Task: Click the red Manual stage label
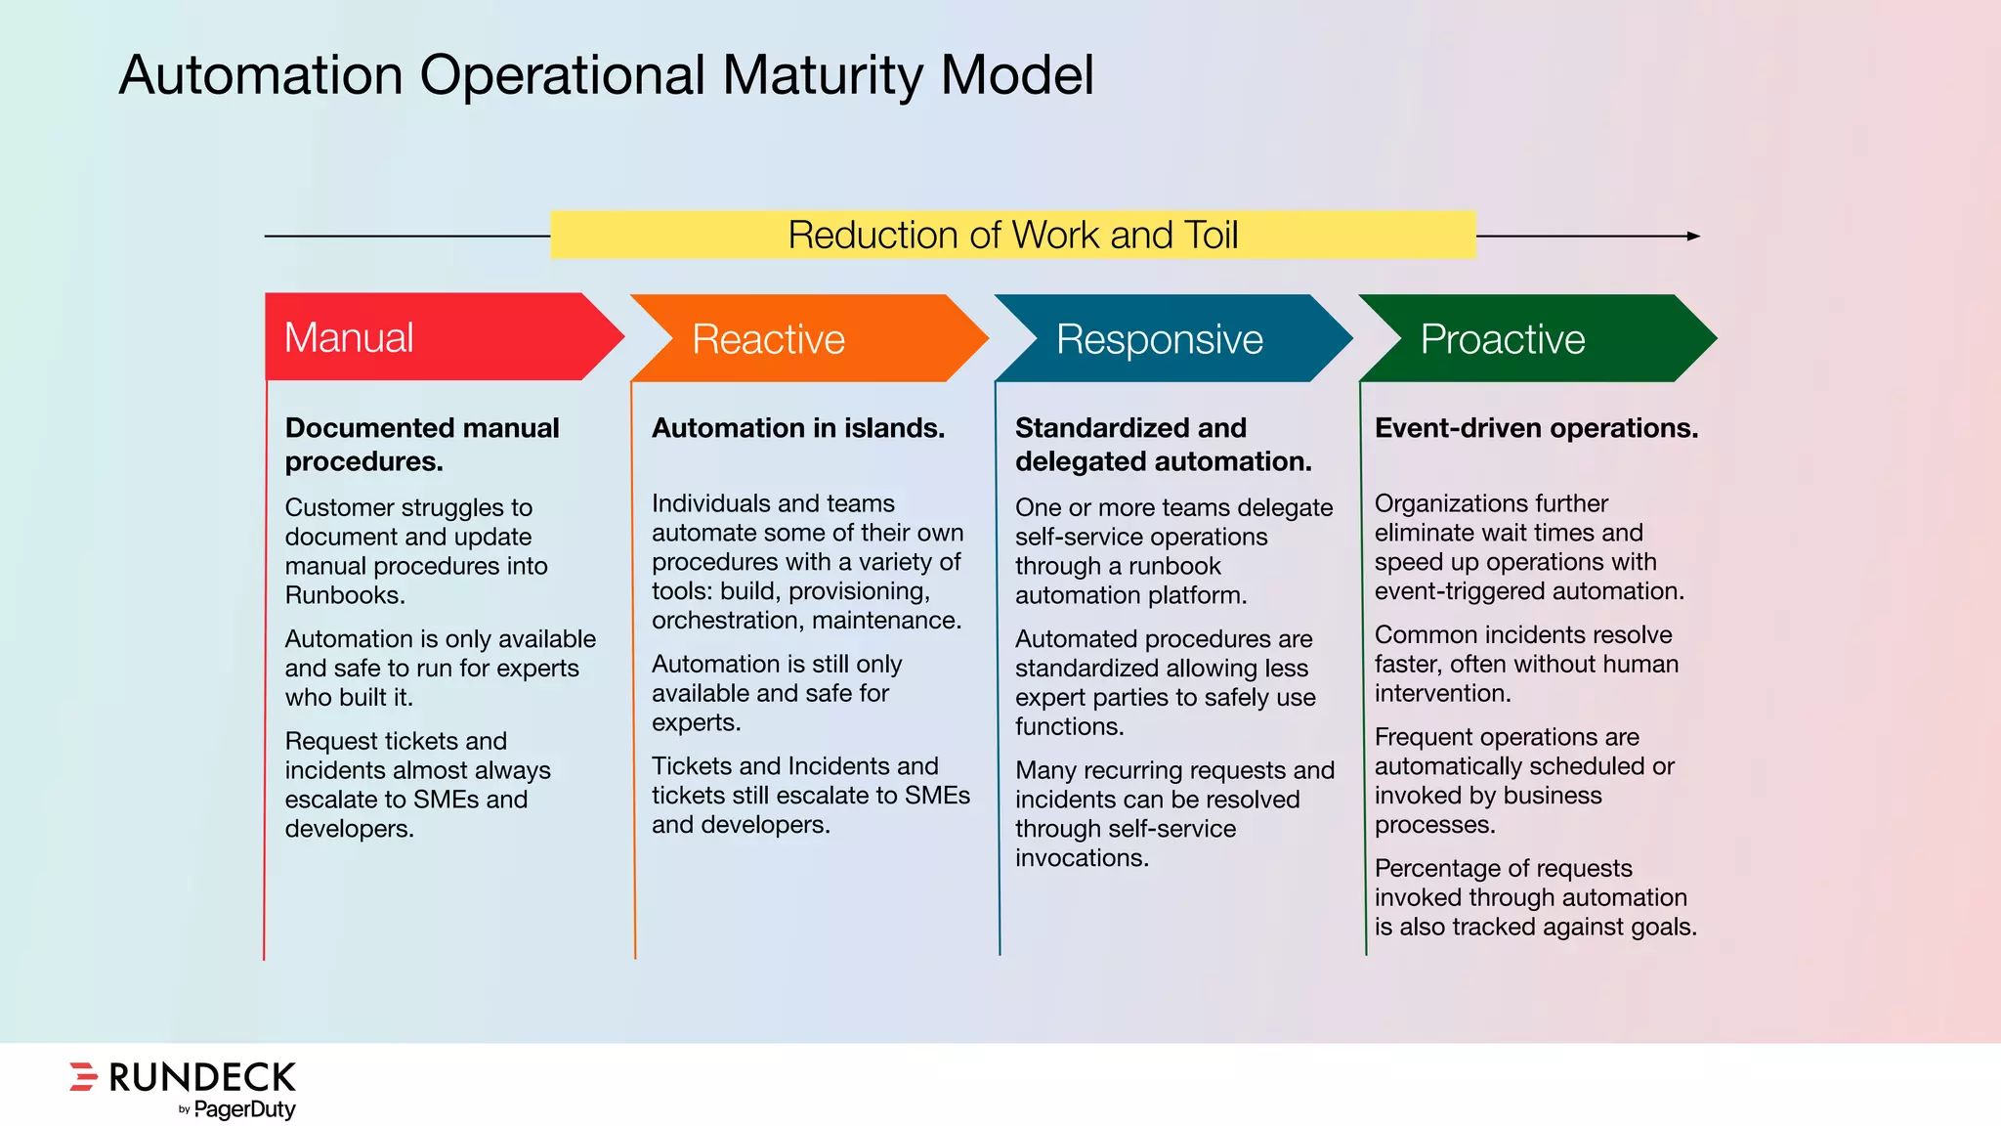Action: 349,338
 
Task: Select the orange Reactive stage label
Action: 768,339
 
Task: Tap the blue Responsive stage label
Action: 1159,339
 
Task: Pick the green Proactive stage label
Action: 1502,339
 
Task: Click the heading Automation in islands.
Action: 797,428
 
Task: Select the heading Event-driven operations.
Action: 1536,428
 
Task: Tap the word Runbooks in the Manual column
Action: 343,595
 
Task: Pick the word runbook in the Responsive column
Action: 1173,566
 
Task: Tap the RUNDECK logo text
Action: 202,1077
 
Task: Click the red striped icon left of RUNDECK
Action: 83,1076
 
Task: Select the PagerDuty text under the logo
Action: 244,1109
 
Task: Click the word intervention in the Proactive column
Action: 1441,693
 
